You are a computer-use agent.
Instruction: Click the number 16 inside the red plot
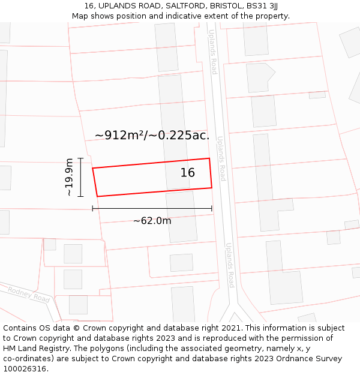187,173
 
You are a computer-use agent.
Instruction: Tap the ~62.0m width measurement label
152,221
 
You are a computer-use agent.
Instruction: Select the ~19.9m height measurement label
70,177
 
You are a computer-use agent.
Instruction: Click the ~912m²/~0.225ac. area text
152,135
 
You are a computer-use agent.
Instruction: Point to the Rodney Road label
29,294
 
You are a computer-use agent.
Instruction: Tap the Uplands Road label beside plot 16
221,158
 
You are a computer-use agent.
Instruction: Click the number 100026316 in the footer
25,368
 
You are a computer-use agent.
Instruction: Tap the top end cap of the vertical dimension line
80,158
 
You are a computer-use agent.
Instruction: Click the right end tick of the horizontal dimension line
212,208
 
